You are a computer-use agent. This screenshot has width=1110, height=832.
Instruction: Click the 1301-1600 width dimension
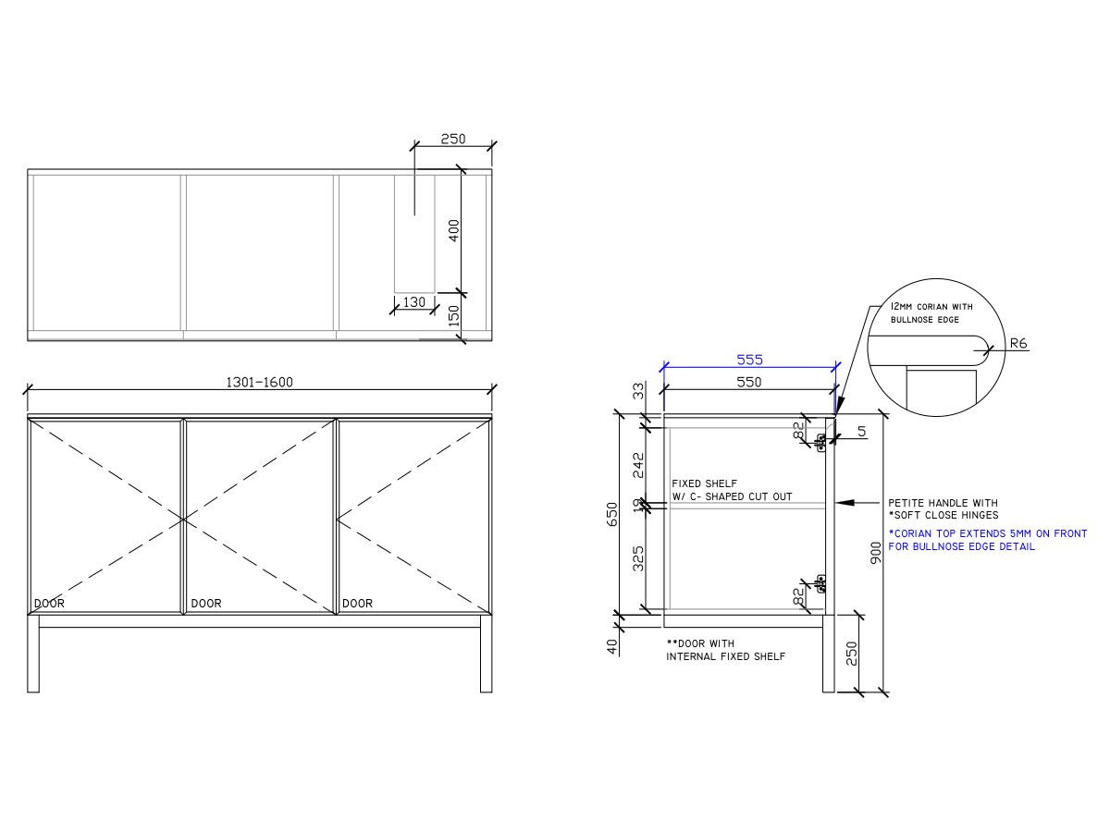point(259,382)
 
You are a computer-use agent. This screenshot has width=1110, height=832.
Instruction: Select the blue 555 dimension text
point(749,360)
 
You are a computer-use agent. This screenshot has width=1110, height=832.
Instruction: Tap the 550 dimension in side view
point(748,382)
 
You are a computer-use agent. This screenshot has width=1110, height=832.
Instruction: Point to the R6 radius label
point(1017,344)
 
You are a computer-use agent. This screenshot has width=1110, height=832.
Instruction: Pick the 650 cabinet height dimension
point(611,514)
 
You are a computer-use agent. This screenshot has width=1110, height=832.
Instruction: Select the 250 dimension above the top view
point(452,139)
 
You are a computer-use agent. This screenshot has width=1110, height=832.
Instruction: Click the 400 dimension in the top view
point(453,230)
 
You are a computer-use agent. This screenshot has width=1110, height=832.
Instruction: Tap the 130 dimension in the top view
point(414,302)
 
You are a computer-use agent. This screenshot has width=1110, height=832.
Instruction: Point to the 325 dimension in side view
point(638,557)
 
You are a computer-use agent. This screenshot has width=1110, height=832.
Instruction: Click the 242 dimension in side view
point(638,464)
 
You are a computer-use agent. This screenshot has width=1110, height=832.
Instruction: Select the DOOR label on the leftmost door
point(50,604)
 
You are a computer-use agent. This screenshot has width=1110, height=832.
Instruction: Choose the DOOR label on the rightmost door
point(357,604)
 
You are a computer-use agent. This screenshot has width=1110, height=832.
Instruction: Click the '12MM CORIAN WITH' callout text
point(931,306)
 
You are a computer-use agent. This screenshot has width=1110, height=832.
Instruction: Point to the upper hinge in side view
point(820,440)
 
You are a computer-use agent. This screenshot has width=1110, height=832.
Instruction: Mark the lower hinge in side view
point(820,581)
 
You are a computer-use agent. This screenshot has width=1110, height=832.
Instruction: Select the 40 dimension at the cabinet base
point(611,646)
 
